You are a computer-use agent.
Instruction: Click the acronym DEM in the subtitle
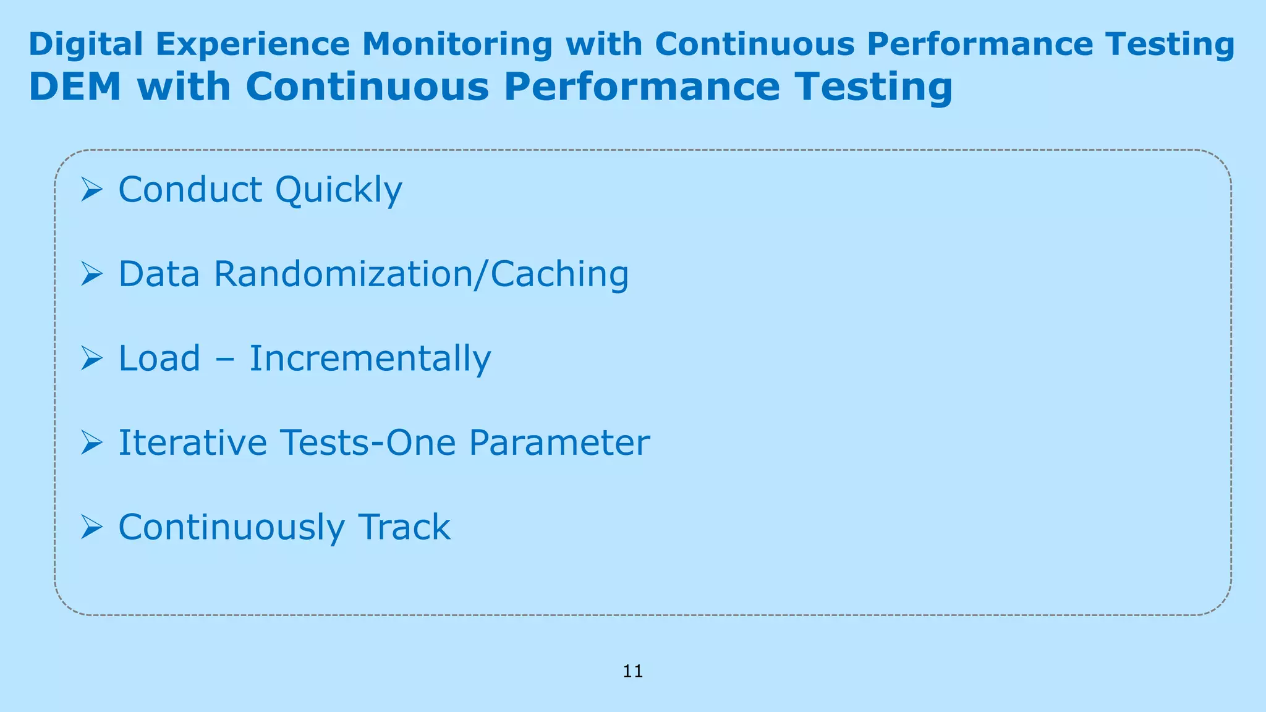point(75,87)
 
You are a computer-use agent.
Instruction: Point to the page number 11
point(633,671)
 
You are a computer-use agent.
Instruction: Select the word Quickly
point(339,189)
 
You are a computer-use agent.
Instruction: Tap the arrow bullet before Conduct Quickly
point(91,189)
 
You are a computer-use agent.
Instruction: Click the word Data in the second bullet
point(159,274)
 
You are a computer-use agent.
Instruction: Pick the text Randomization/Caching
point(422,274)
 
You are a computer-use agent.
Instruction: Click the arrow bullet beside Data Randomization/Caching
point(91,274)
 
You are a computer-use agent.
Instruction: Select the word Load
point(159,358)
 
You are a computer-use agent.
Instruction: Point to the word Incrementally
point(370,358)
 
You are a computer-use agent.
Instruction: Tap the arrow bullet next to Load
point(91,358)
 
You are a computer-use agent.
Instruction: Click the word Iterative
point(192,443)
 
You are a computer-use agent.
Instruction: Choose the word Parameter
point(559,443)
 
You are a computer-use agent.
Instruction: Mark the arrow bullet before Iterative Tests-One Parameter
point(91,443)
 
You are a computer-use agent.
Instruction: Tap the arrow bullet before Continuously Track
point(91,527)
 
